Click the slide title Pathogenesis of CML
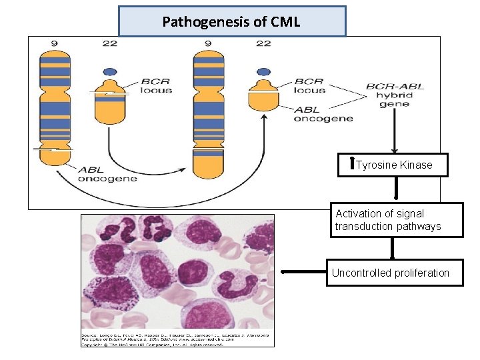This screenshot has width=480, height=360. [231, 22]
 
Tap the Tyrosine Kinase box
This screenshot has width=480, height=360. [393, 165]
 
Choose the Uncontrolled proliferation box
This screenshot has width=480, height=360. [394, 273]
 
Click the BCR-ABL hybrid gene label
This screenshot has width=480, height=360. [395, 95]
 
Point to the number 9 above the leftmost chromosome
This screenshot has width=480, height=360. [54, 43]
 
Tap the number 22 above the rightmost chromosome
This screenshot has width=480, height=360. [263, 43]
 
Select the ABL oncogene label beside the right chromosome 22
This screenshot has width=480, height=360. [323, 114]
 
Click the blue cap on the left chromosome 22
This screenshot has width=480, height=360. [110, 72]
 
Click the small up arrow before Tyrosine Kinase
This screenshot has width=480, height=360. [353, 165]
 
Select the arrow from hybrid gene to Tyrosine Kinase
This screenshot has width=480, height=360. [395, 133]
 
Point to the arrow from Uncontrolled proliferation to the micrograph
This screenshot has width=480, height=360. [303, 272]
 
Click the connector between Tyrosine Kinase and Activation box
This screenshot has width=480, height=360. [396, 189]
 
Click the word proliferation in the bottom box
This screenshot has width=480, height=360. [419, 273]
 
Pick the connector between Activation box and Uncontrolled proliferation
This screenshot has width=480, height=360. [393, 248]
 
